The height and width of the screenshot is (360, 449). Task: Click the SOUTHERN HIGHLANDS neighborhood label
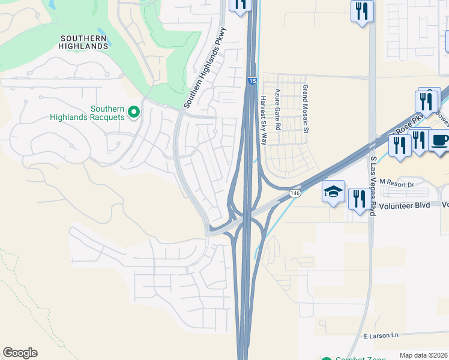(x=84, y=42)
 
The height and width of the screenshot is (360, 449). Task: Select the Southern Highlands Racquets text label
(x=107, y=113)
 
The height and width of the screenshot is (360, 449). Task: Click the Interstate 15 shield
(x=252, y=80)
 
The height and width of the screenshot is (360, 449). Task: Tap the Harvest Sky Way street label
(x=263, y=120)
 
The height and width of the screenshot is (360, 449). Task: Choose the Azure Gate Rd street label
(x=277, y=110)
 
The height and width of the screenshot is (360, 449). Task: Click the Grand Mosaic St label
(x=305, y=109)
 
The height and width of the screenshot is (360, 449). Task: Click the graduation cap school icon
(x=334, y=192)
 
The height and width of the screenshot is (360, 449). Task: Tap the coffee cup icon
(x=440, y=141)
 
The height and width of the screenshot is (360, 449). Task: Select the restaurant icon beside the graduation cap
(x=360, y=199)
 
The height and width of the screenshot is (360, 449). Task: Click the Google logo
(x=20, y=353)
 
